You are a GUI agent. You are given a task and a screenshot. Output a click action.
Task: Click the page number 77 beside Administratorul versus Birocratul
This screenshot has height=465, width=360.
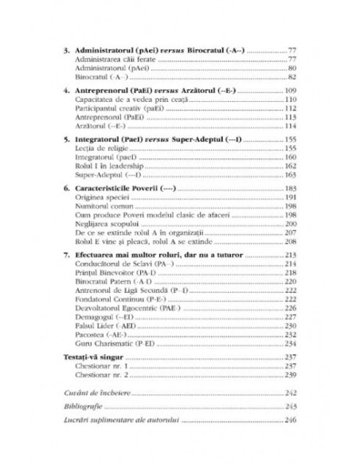292,49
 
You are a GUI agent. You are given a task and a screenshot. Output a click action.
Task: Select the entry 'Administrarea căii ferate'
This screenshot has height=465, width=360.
112,60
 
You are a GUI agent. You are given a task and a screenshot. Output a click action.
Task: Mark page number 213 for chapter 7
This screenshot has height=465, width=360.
291,254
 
